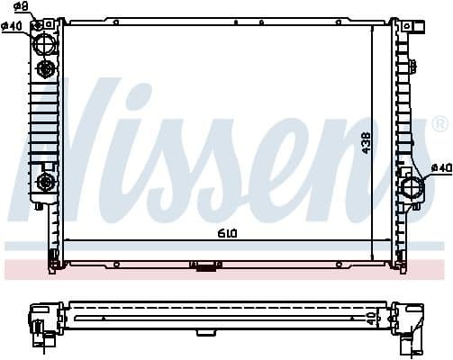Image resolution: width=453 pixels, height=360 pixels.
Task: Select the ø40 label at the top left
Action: pos(12,25)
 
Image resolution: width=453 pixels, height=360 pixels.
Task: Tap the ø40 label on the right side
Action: pos(440,167)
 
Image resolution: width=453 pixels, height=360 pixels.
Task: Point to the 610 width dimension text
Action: pos(226,233)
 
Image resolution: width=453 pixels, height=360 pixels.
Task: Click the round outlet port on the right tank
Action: pos(411,189)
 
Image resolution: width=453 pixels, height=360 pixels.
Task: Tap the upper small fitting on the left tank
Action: pos(43,69)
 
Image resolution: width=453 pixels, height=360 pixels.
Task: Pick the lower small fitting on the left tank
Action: pos(43,184)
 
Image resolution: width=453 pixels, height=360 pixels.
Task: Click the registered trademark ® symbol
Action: pos(439,123)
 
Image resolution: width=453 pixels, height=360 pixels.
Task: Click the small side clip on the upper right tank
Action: pos(413,63)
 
